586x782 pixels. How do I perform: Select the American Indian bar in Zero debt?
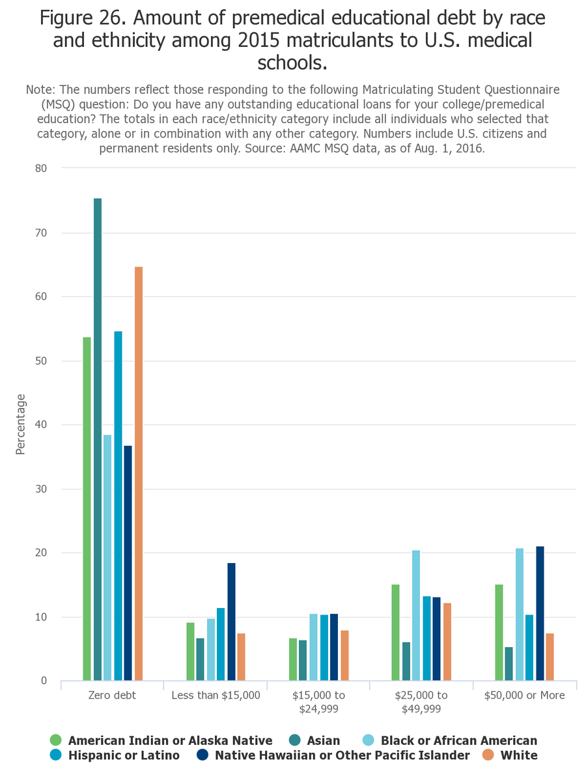point(87,509)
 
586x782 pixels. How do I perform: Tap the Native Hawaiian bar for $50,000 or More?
point(540,613)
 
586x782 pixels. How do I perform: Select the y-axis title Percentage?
point(20,424)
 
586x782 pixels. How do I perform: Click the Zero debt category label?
point(112,695)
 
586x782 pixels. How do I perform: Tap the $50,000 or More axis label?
point(524,695)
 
